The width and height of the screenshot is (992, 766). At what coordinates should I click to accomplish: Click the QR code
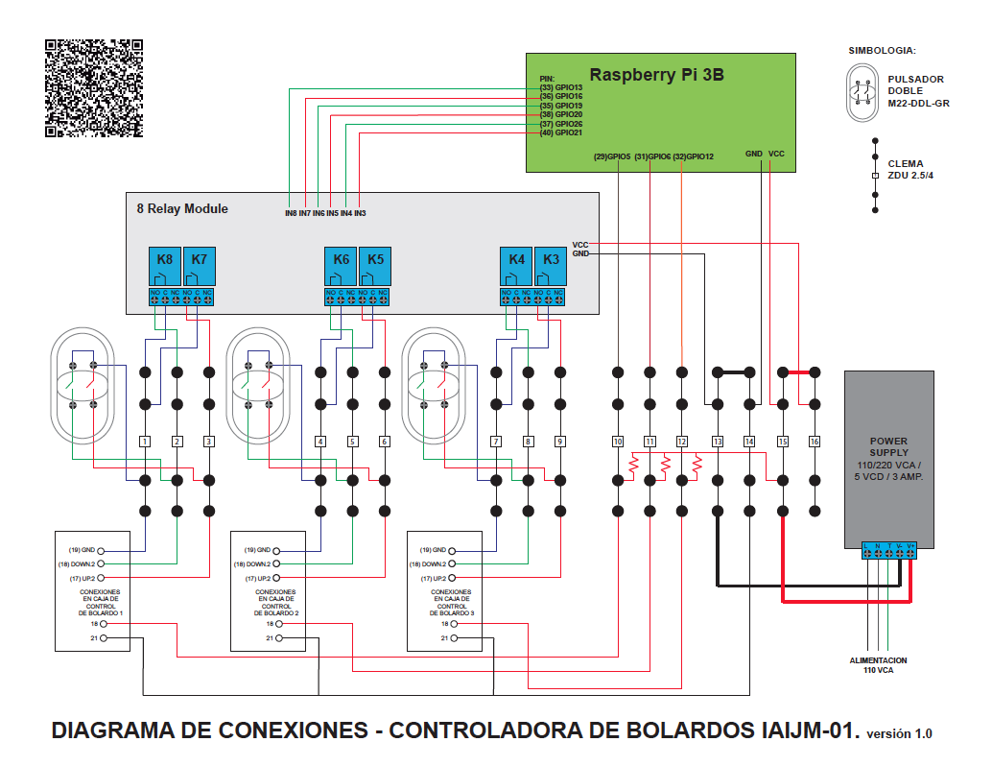pyautogui.click(x=94, y=88)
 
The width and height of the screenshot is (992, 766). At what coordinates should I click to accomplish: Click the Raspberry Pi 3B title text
pyautogui.click(x=657, y=75)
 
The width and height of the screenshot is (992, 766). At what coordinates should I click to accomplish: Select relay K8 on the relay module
pyautogui.click(x=165, y=260)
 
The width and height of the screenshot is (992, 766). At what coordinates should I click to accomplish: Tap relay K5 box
pyautogui.click(x=375, y=260)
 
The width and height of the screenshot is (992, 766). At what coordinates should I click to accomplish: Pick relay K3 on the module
pyautogui.click(x=551, y=260)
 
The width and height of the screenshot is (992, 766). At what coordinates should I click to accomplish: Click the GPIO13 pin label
pyautogui.click(x=561, y=88)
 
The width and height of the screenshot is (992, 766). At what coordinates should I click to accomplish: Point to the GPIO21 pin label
pyautogui.click(x=561, y=132)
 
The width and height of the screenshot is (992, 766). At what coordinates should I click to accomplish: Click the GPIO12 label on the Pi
pyautogui.click(x=694, y=156)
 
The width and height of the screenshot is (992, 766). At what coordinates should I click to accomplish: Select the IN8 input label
pyautogui.click(x=291, y=212)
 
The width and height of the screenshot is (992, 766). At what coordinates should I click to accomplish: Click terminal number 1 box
pyautogui.click(x=145, y=442)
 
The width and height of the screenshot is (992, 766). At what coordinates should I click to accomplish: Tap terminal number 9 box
pyautogui.click(x=559, y=442)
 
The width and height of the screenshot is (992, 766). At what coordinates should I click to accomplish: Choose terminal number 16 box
pyautogui.click(x=815, y=442)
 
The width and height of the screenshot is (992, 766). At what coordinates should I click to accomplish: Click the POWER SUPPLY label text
pyautogui.click(x=887, y=446)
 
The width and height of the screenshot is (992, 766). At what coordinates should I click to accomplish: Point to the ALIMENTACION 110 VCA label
pyautogui.click(x=877, y=665)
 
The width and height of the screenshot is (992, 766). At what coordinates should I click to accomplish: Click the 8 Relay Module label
pyautogui.click(x=182, y=208)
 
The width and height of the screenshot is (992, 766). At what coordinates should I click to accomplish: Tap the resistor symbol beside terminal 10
pyautogui.click(x=633, y=467)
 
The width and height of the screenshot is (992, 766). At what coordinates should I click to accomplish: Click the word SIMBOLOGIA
pyautogui.click(x=882, y=49)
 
